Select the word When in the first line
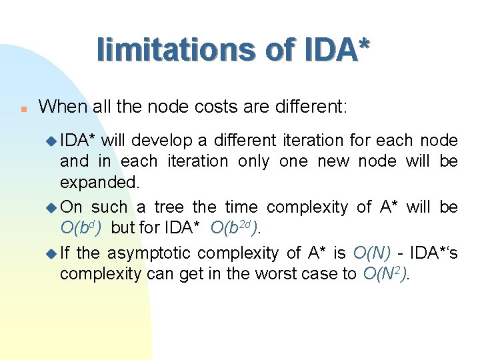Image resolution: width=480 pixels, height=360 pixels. click(x=59, y=105)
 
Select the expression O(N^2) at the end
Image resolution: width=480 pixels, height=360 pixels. click(x=385, y=273)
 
